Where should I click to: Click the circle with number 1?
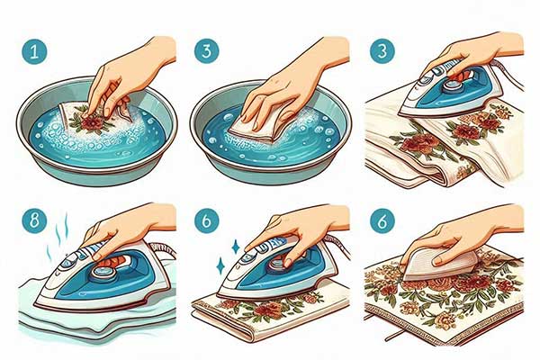(x=34, y=51)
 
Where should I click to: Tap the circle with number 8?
(x=34, y=220)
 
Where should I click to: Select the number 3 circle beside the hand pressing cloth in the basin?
(x=206, y=51)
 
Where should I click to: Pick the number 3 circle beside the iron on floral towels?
(x=382, y=50)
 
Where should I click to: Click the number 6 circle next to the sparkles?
(x=206, y=220)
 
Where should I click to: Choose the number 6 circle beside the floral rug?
(x=382, y=220)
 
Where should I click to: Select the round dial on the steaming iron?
(x=103, y=274)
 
